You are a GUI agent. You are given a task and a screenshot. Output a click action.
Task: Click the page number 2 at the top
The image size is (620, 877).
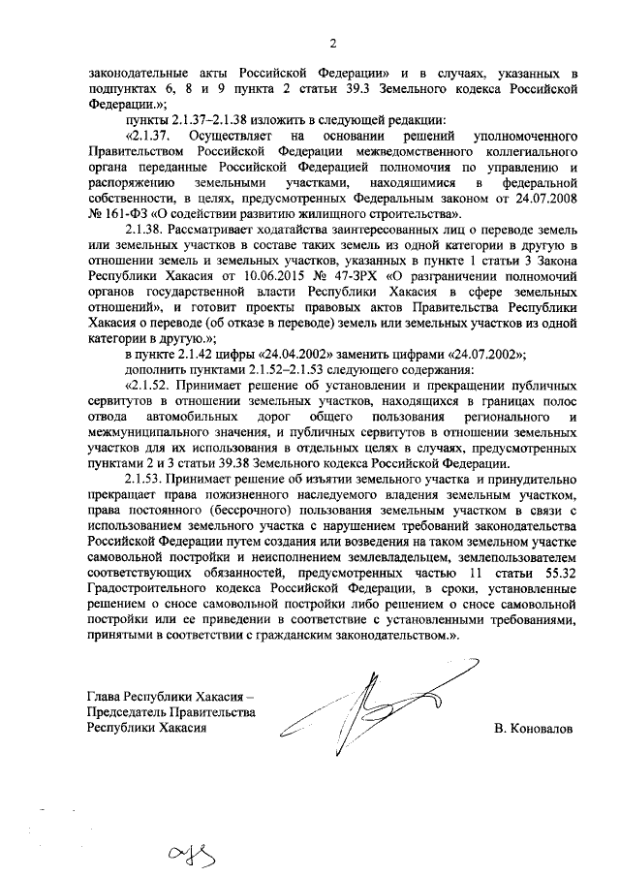click(x=331, y=43)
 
